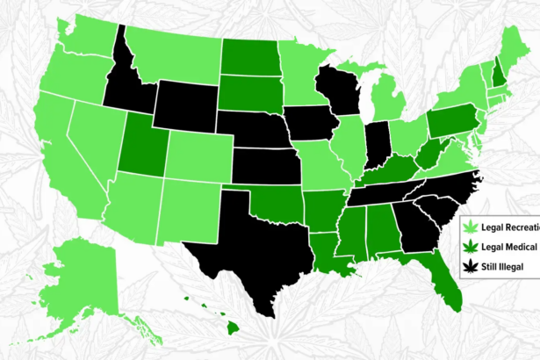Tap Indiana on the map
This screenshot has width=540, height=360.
coord(378,140)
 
